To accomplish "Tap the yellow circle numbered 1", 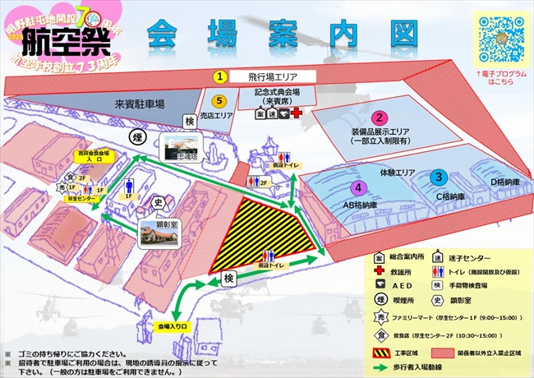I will pos(219,76).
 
